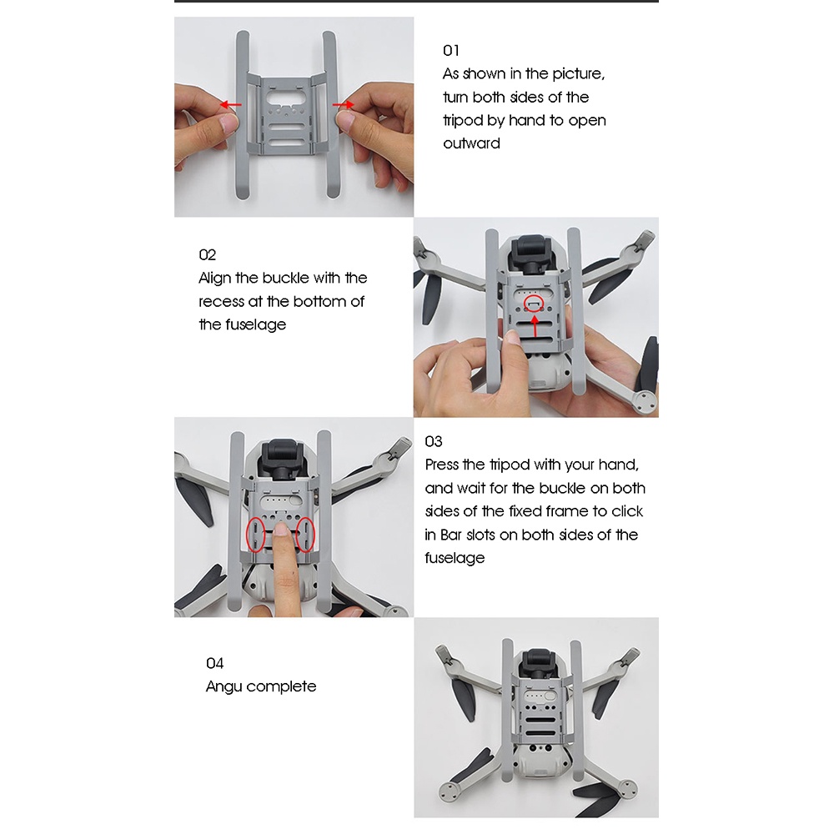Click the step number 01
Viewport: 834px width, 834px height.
click(x=450, y=51)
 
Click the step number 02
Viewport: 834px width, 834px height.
click(x=207, y=254)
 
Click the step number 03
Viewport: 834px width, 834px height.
click(x=433, y=441)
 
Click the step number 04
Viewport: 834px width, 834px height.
click(x=214, y=663)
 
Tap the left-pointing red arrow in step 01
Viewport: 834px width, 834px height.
click(x=231, y=105)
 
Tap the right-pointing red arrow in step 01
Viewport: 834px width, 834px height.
click(x=343, y=104)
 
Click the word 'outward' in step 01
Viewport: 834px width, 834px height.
click(x=471, y=143)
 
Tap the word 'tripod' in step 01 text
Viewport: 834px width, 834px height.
click(x=463, y=121)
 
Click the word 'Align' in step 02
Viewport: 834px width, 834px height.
click(x=214, y=279)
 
